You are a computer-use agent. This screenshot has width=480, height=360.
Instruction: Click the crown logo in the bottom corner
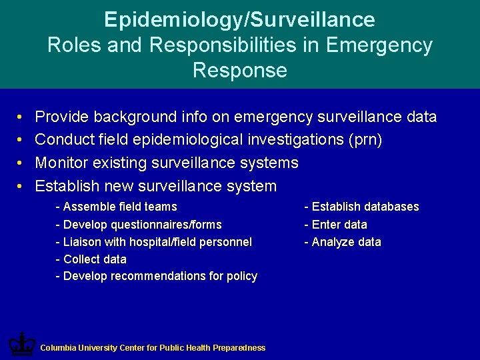21,345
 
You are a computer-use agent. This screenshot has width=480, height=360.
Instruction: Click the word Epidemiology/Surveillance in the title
239,19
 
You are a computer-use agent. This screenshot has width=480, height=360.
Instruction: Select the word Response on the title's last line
239,70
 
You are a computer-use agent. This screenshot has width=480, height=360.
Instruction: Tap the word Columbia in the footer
57,348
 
